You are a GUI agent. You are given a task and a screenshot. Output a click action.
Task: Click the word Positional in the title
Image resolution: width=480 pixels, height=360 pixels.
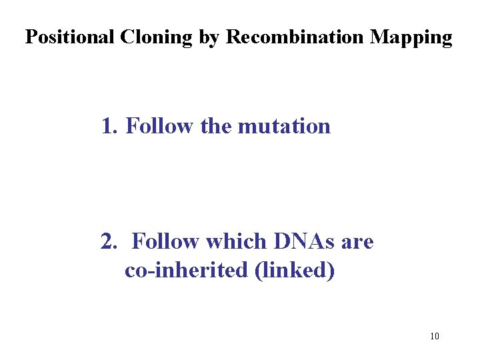(x=70, y=37)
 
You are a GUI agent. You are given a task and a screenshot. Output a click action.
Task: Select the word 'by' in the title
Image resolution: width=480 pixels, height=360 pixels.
(x=209, y=38)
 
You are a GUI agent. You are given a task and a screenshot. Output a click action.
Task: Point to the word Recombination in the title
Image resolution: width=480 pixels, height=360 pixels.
(x=296, y=37)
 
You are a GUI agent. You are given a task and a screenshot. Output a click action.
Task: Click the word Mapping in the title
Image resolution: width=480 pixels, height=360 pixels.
(x=411, y=38)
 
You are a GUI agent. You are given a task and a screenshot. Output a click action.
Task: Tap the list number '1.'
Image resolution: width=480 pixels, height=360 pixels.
(x=109, y=125)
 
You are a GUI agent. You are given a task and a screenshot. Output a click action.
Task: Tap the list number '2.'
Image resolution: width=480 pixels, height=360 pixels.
(x=109, y=241)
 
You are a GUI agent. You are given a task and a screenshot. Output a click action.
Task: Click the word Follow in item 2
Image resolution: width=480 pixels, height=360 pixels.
(x=167, y=241)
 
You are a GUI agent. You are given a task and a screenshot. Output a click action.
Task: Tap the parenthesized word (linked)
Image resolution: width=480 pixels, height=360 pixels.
(x=295, y=272)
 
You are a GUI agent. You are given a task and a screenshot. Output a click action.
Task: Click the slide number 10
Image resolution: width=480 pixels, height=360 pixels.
(x=435, y=336)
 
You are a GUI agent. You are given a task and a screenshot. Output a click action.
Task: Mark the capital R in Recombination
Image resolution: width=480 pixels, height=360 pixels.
(x=233, y=37)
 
